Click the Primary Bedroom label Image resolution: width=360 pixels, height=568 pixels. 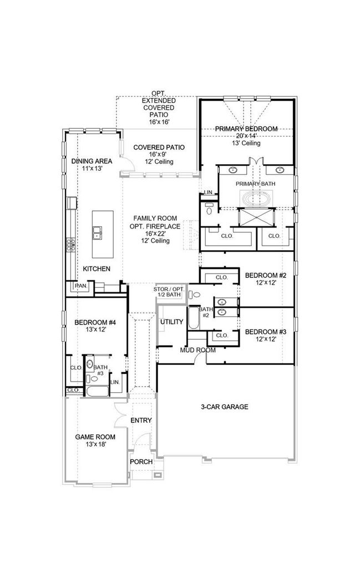(x=246, y=129)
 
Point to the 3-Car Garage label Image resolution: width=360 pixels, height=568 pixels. (x=225, y=407)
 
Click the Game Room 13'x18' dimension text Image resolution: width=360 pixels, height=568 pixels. (x=95, y=444)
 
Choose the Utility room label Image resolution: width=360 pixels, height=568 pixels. (x=171, y=322)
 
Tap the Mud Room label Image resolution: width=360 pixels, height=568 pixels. (x=197, y=350)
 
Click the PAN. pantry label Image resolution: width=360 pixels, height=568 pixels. (x=81, y=286)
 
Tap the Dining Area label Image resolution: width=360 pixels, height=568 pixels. (x=92, y=161)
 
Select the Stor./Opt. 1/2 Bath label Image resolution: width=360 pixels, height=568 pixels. (x=169, y=292)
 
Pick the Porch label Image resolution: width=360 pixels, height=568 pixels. (x=141, y=462)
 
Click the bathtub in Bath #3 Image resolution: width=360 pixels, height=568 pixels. (x=98, y=391)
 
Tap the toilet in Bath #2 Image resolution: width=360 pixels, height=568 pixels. (x=195, y=295)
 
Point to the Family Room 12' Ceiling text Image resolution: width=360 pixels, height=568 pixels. (x=155, y=241)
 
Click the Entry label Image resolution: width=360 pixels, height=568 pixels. (x=141, y=420)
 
